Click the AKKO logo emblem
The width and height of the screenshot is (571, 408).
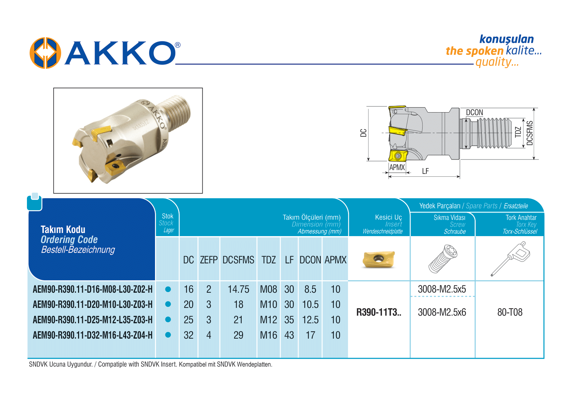[x=45, y=53]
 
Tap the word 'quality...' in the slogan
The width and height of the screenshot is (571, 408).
[x=497, y=62]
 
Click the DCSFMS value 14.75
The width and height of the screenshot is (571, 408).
[x=238, y=289]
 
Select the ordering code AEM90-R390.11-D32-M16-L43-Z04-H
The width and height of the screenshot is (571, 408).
[x=93, y=335]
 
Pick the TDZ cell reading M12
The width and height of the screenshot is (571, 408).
[x=269, y=320]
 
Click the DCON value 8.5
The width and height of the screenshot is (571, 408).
[x=310, y=289]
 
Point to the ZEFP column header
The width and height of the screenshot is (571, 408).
[x=209, y=260]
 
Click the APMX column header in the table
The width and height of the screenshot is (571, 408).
[x=336, y=260]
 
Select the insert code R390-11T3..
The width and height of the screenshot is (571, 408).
[x=379, y=312]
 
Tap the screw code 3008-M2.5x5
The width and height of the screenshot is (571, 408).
[x=442, y=289]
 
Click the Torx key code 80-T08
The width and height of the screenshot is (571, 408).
[x=510, y=312]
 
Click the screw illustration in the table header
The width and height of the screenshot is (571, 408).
[x=443, y=259]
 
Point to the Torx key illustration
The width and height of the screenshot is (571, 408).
[x=510, y=259]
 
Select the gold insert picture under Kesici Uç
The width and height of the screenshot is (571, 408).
[x=379, y=260]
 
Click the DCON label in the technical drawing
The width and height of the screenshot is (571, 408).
[x=474, y=113]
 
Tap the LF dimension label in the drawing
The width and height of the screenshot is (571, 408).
[x=425, y=171]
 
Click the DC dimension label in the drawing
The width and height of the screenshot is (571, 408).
[x=363, y=133]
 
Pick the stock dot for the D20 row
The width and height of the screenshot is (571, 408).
[x=168, y=304]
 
